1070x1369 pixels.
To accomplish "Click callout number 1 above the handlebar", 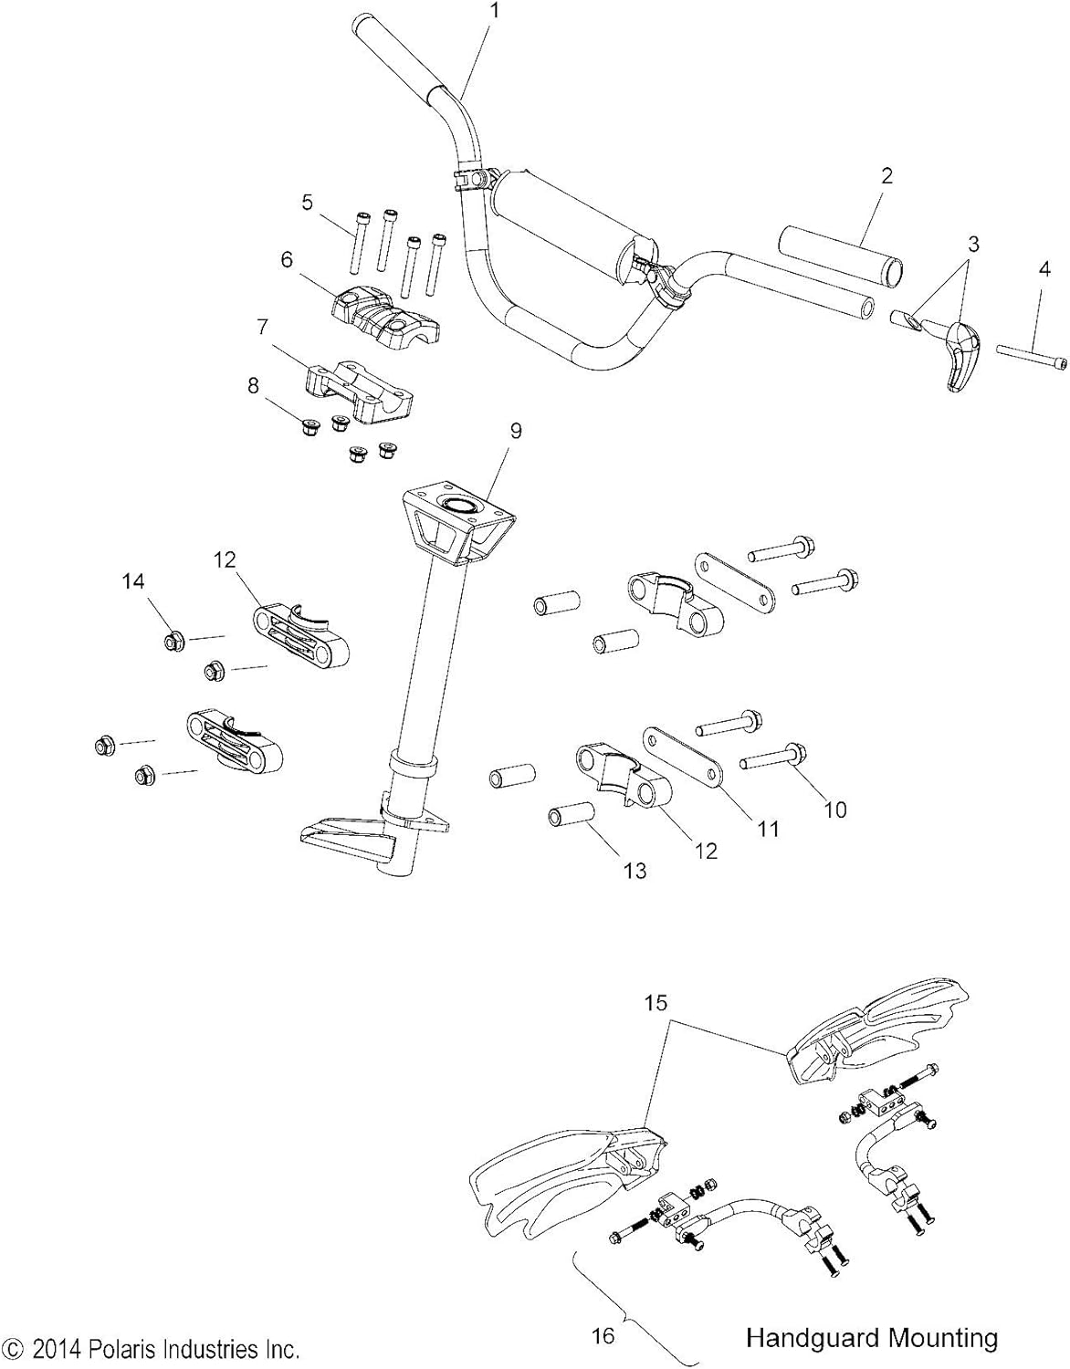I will (x=494, y=11).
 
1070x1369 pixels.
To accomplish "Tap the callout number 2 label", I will (x=886, y=176).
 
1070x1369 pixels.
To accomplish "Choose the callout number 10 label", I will (x=834, y=809).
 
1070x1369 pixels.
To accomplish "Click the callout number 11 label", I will (x=769, y=828).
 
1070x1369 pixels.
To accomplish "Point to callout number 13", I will (x=634, y=871).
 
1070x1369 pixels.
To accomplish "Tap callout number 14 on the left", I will (x=134, y=581).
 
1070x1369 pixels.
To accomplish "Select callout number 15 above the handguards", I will (x=656, y=1002).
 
